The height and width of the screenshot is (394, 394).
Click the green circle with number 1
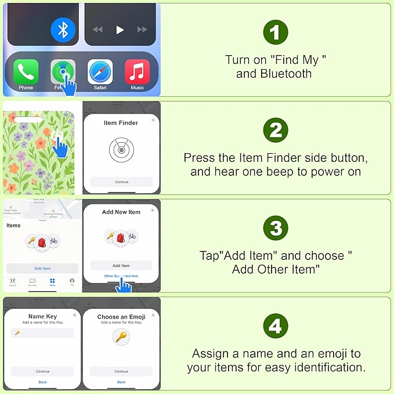click(x=275, y=33)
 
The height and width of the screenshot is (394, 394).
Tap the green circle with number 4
click(x=275, y=327)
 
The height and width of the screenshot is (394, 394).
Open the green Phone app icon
click(x=26, y=72)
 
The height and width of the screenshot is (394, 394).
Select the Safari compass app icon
click(x=100, y=72)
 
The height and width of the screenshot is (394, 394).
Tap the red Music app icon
click(x=137, y=72)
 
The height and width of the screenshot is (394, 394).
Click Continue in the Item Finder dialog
click(x=121, y=182)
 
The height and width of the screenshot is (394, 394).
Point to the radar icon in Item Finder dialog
click(x=121, y=150)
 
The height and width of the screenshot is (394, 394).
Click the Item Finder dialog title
click(x=121, y=123)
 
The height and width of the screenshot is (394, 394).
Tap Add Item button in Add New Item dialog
click(x=121, y=265)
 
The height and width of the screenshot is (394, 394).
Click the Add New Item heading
click(x=121, y=212)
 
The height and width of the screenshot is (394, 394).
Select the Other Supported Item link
click(x=121, y=276)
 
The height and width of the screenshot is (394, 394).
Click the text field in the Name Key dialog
click(x=42, y=333)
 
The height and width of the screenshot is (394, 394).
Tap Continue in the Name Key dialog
click(x=42, y=371)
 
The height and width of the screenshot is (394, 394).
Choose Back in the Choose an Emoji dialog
click(x=121, y=382)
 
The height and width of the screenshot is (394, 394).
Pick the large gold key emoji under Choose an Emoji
click(x=121, y=337)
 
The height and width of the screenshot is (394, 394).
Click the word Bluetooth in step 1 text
click(x=285, y=74)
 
